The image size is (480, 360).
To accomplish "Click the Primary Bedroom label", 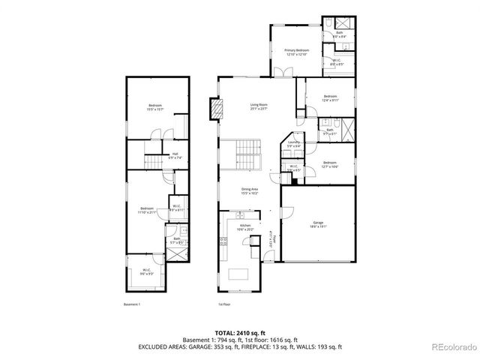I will [x=296, y=52].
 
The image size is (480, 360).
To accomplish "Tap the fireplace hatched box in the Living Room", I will [x=217, y=110].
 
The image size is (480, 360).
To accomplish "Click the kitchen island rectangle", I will [x=239, y=271].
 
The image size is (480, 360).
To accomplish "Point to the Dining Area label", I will [x=250, y=191].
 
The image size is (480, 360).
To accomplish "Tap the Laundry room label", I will [x=293, y=144].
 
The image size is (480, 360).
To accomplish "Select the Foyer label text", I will [x=274, y=239].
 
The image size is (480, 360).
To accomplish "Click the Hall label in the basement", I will [x=173, y=156].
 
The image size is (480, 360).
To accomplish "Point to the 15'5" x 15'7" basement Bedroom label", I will [x=155, y=108].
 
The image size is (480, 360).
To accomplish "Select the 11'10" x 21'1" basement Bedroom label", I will [x=146, y=210].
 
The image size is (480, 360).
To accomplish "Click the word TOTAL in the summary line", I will [x=224, y=331].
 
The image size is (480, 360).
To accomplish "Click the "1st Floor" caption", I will [x=224, y=304].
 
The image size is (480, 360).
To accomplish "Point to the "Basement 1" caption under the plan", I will [x=132, y=304].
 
